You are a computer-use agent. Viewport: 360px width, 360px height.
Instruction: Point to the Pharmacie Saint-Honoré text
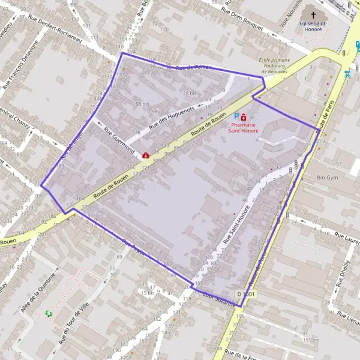pos(243,127)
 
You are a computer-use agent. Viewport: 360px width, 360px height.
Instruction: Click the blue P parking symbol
pos(236,116)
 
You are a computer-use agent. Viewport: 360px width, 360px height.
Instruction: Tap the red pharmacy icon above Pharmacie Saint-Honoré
pos(244,117)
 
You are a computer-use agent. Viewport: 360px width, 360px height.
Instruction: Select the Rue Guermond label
pos(119,140)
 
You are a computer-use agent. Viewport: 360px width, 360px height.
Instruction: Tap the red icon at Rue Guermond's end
pos(146,155)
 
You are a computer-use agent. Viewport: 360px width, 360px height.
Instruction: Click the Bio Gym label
pos(328,178)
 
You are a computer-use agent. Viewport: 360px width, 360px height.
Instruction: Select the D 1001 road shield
pos(245,294)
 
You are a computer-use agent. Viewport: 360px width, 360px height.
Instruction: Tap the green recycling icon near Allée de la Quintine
pos(49,313)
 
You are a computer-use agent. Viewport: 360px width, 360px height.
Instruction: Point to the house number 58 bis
pos(142,104)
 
